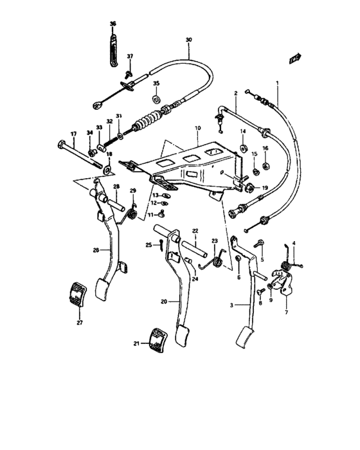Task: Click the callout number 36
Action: (x=113, y=24)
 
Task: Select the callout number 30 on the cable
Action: (x=188, y=40)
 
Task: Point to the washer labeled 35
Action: (x=156, y=100)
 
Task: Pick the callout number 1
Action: (x=276, y=84)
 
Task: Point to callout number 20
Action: (x=164, y=301)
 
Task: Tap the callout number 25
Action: (x=147, y=245)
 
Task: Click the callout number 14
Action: (x=244, y=131)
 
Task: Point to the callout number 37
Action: (x=129, y=57)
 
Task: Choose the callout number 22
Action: (x=195, y=231)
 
